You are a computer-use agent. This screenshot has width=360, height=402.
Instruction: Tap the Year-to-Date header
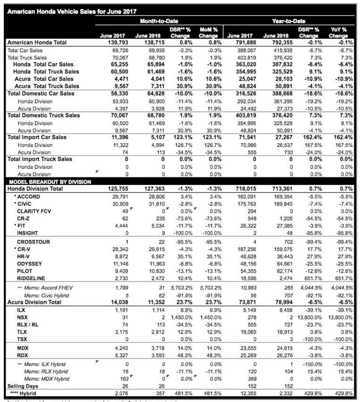(288, 21)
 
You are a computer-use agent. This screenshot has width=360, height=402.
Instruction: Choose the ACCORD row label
(29, 196)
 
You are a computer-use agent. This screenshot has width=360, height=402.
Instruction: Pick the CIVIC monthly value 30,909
(117, 204)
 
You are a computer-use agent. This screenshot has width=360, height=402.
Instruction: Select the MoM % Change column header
(208, 33)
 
